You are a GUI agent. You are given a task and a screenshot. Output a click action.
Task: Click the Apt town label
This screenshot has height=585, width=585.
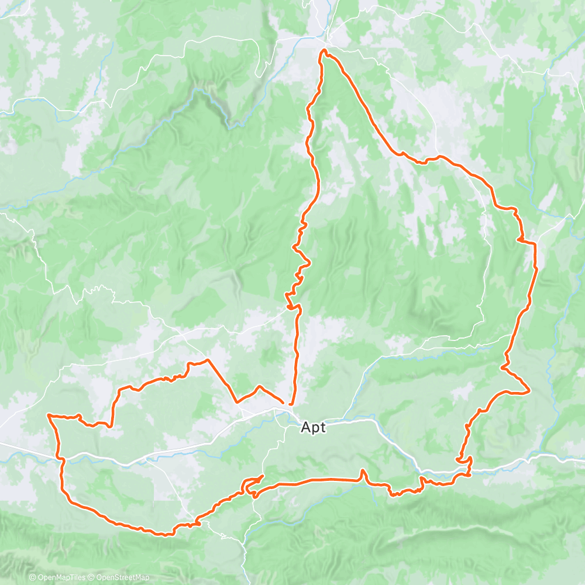pos(314,427)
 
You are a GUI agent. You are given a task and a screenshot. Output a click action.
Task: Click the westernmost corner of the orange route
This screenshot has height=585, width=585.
pos(47,415)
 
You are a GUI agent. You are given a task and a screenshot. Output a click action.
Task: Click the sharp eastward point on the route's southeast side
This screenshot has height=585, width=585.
pos(529,391)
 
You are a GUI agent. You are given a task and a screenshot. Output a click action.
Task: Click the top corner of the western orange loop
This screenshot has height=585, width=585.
pos(189,364)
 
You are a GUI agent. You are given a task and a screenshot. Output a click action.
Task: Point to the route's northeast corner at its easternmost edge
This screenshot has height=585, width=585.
pos(535,242)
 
